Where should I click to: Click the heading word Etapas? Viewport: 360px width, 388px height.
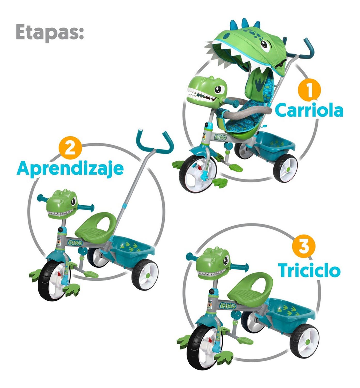(50, 32)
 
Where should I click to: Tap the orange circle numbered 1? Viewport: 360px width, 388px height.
(309, 90)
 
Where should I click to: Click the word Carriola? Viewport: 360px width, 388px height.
(309, 110)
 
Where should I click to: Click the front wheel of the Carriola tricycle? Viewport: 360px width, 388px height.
(197, 173)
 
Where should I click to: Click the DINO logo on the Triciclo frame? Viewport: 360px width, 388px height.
(228, 306)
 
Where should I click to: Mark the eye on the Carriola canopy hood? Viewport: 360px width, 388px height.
(265, 46)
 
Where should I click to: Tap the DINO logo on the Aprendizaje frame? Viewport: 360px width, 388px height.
(75, 243)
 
